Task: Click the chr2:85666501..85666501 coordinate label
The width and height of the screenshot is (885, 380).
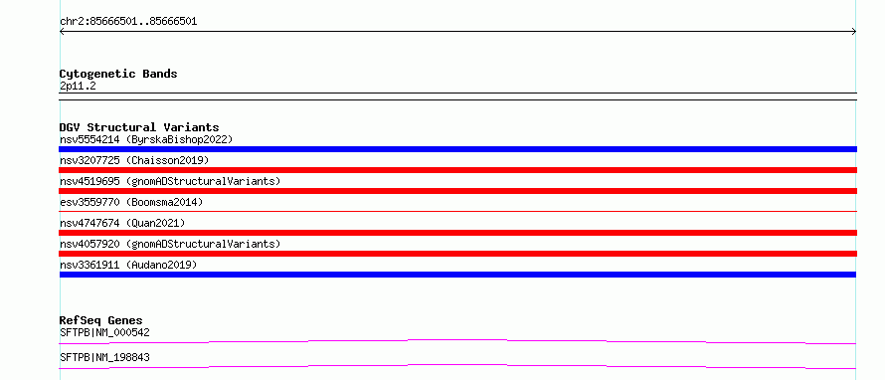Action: click(x=128, y=22)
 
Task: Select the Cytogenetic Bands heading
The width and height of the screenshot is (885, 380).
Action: click(x=118, y=74)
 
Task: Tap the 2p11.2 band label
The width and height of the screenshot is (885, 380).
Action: click(x=78, y=86)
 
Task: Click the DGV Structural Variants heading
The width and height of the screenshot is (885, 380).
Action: click(x=139, y=127)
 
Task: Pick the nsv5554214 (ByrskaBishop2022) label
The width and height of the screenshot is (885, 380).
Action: click(x=146, y=139)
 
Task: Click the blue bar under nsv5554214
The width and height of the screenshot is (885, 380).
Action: click(x=457, y=149)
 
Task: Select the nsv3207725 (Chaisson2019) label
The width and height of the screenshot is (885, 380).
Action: click(x=134, y=160)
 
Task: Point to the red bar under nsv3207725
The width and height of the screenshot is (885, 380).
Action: click(x=457, y=170)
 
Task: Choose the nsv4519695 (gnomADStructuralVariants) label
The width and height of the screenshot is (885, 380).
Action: click(x=170, y=181)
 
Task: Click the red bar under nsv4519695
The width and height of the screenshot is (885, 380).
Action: click(x=457, y=191)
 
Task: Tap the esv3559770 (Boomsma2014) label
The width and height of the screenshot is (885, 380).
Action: click(x=131, y=202)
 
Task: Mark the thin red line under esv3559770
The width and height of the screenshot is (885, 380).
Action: click(x=457, y=211)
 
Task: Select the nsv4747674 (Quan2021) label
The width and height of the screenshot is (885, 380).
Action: click(x=122, y=223)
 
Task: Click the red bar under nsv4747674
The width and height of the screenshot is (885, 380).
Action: click(x=457, y=233)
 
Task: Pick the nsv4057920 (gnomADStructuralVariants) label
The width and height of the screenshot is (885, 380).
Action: click(x=170, y=244)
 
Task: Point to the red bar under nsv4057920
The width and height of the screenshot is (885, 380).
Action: click(x=457, y=254)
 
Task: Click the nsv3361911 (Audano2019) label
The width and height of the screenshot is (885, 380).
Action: click(x=128, y=265)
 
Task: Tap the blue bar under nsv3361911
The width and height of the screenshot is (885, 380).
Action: click(x=457, y=275)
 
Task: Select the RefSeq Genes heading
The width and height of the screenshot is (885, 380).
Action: click(x=101, y=320)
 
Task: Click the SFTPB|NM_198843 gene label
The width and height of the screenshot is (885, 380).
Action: click(x=104, y=357)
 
